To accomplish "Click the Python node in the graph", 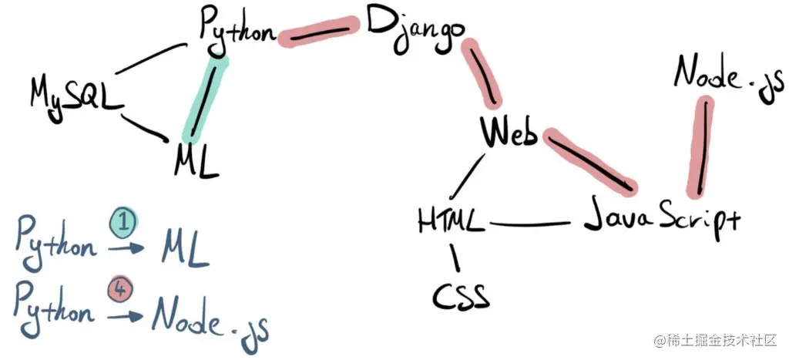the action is (x=237, y=29).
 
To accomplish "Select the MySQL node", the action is (x=76, y=96).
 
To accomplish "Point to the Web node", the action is (x=509, y=133).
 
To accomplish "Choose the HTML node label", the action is (x=452, y=222).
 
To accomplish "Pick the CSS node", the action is (x=461, y=294).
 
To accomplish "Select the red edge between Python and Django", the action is (x=318, y=33).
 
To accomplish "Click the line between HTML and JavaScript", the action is (x=532, y=225).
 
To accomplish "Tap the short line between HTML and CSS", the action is (x=456, y=257).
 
